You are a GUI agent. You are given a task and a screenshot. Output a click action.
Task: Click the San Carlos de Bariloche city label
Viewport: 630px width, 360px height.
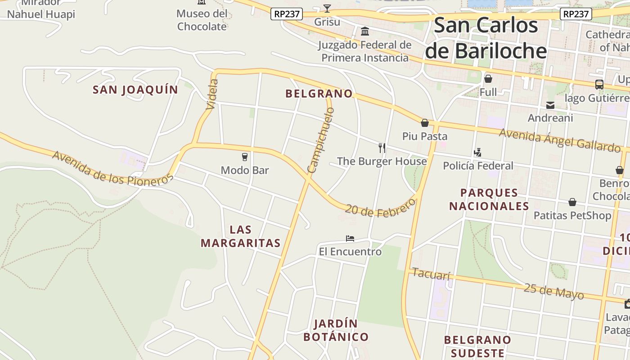click(x=486, y=38)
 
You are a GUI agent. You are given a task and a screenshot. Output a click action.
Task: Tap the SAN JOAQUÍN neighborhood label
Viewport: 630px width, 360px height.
click(x=135, y=90)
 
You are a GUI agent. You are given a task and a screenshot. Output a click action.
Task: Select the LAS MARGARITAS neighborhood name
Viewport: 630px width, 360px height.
click(x=240, y=236)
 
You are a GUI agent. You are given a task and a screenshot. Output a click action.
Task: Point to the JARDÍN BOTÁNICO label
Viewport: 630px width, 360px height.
click(x=336, y=330)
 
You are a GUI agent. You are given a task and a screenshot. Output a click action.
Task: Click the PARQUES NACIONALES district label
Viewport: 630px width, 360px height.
click(x=489, y=199)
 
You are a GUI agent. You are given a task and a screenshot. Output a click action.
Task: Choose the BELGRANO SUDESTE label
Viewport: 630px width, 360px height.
click(x=477, y=346)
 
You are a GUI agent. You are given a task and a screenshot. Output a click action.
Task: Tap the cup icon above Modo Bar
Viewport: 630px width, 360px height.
click(x=245, y=157)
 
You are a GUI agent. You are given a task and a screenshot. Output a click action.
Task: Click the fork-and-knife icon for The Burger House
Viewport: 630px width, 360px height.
click(x=382, y=148)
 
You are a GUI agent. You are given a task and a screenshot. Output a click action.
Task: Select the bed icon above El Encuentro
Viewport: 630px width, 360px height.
click(x=350, y=238)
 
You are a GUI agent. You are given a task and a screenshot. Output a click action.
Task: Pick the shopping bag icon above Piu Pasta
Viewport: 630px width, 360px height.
click(x=424, y=123)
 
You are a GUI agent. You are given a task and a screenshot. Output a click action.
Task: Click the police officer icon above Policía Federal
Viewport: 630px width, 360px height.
click(x=477, y=152)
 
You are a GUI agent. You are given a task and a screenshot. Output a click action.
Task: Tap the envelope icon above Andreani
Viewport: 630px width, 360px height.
click(x=550, y=105)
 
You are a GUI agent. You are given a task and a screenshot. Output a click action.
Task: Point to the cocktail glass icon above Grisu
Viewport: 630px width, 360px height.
click(x=327, y=9)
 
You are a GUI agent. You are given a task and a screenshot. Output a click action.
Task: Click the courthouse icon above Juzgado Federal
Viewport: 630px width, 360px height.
click(x=365, y=31)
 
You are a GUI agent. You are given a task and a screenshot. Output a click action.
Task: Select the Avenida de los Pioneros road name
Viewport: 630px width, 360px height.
click(x=112, y=168)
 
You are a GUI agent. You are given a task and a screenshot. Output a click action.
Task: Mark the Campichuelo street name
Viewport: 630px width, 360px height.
click(x=321, y=140)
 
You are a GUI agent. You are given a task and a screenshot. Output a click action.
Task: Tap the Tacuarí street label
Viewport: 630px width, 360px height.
click(x=431, y=274)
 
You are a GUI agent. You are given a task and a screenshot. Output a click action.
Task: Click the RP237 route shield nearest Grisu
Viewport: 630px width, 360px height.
click(x=287, y=14)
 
